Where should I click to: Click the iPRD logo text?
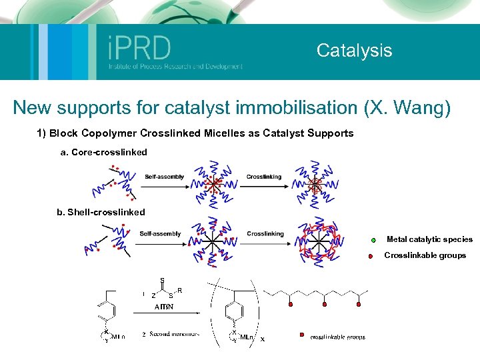pyautogui.click(x=139, y=47)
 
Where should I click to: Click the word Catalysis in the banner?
pyautogui.click(x=354, y=50)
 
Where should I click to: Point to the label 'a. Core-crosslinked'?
pyautogui.click(x=103, y=153)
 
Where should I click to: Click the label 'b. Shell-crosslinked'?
pyautogui.click(x=101, y=212)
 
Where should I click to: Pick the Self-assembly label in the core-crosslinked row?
pyautogui.click(x=164, y=177)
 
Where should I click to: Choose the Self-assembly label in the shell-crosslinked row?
pyautogui.click(x=160, y=234)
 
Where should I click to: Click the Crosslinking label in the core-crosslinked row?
pyautogui.click(x=264, y=177)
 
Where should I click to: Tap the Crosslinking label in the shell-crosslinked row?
pyautogui.click(x=265, y=234)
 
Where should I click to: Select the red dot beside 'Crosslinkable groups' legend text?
pyautogui.click(x=369, y=256)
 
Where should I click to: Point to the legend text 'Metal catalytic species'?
pyautogui.click(x=429, y=239)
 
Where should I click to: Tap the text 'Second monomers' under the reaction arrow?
pyautogui.click(x=174, y=334)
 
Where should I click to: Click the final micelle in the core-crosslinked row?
pyautogui.click(x=317, y=183)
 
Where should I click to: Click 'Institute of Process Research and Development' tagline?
pyautogui.click(x=175, y=67)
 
